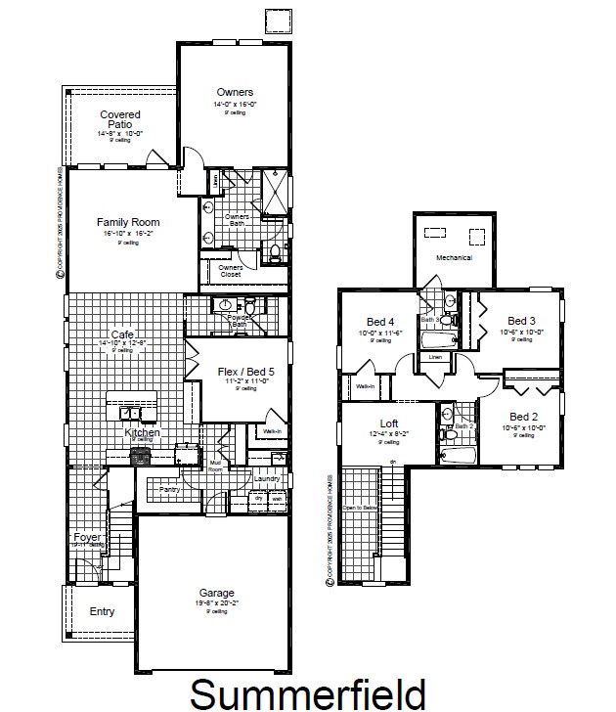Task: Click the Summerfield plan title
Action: pos(307,692)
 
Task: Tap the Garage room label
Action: pos(217,594)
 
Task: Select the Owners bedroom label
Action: pos(235,93)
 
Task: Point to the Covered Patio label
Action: pos(121,119)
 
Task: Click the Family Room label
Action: pos(128,222)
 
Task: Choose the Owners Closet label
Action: pos(231,271)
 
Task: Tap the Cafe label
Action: pos(122,334)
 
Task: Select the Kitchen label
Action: pos(142,432)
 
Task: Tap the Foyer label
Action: pos(86,537)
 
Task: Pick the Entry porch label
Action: pos(102,612)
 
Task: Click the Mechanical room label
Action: pos(454,258)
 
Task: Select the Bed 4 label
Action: pos(380,323)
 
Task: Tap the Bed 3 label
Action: pos(521,321)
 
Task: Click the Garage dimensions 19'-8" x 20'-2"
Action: pos(217,604)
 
